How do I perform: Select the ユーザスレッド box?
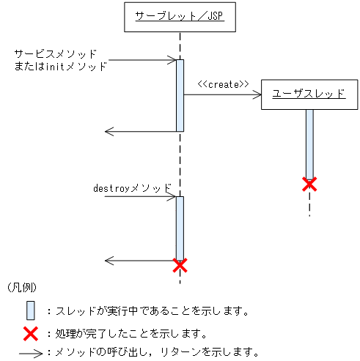[309, 94]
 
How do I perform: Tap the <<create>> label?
[223, 84]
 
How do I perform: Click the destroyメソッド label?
[132, 187]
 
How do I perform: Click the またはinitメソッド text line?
[61, 67]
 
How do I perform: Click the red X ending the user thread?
[309, 185]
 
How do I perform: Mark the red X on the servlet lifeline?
[180, 264]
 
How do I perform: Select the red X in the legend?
[30, 334]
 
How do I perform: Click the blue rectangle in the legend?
[30, 310]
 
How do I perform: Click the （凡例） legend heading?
[21, 288]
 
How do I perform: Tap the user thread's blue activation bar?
[309, 143]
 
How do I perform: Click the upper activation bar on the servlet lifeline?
[180, 95]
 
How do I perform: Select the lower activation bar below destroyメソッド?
[180, 227]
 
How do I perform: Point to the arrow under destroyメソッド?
[139, 197]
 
